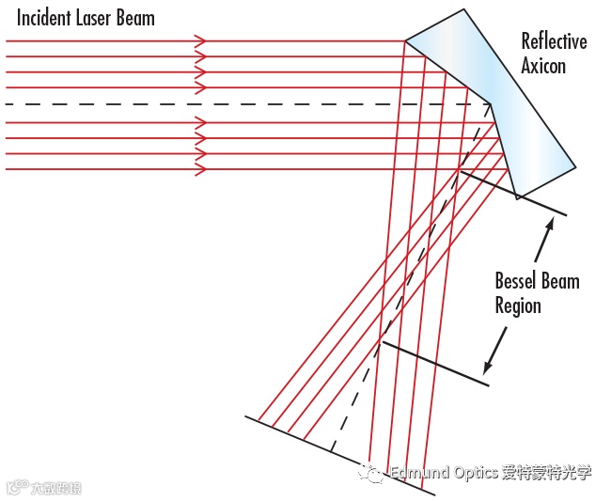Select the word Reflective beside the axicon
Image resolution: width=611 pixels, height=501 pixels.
point(555,41)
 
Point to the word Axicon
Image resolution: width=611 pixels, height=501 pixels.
point(544,65)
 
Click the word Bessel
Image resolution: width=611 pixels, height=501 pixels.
point(518,281)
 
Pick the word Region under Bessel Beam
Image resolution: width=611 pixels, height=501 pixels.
point(518,305)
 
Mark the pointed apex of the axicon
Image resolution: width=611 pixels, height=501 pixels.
point(491,103)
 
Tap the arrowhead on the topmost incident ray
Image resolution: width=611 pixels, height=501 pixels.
point(200,40)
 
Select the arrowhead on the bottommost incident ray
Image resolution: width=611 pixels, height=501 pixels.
point(200,169)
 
